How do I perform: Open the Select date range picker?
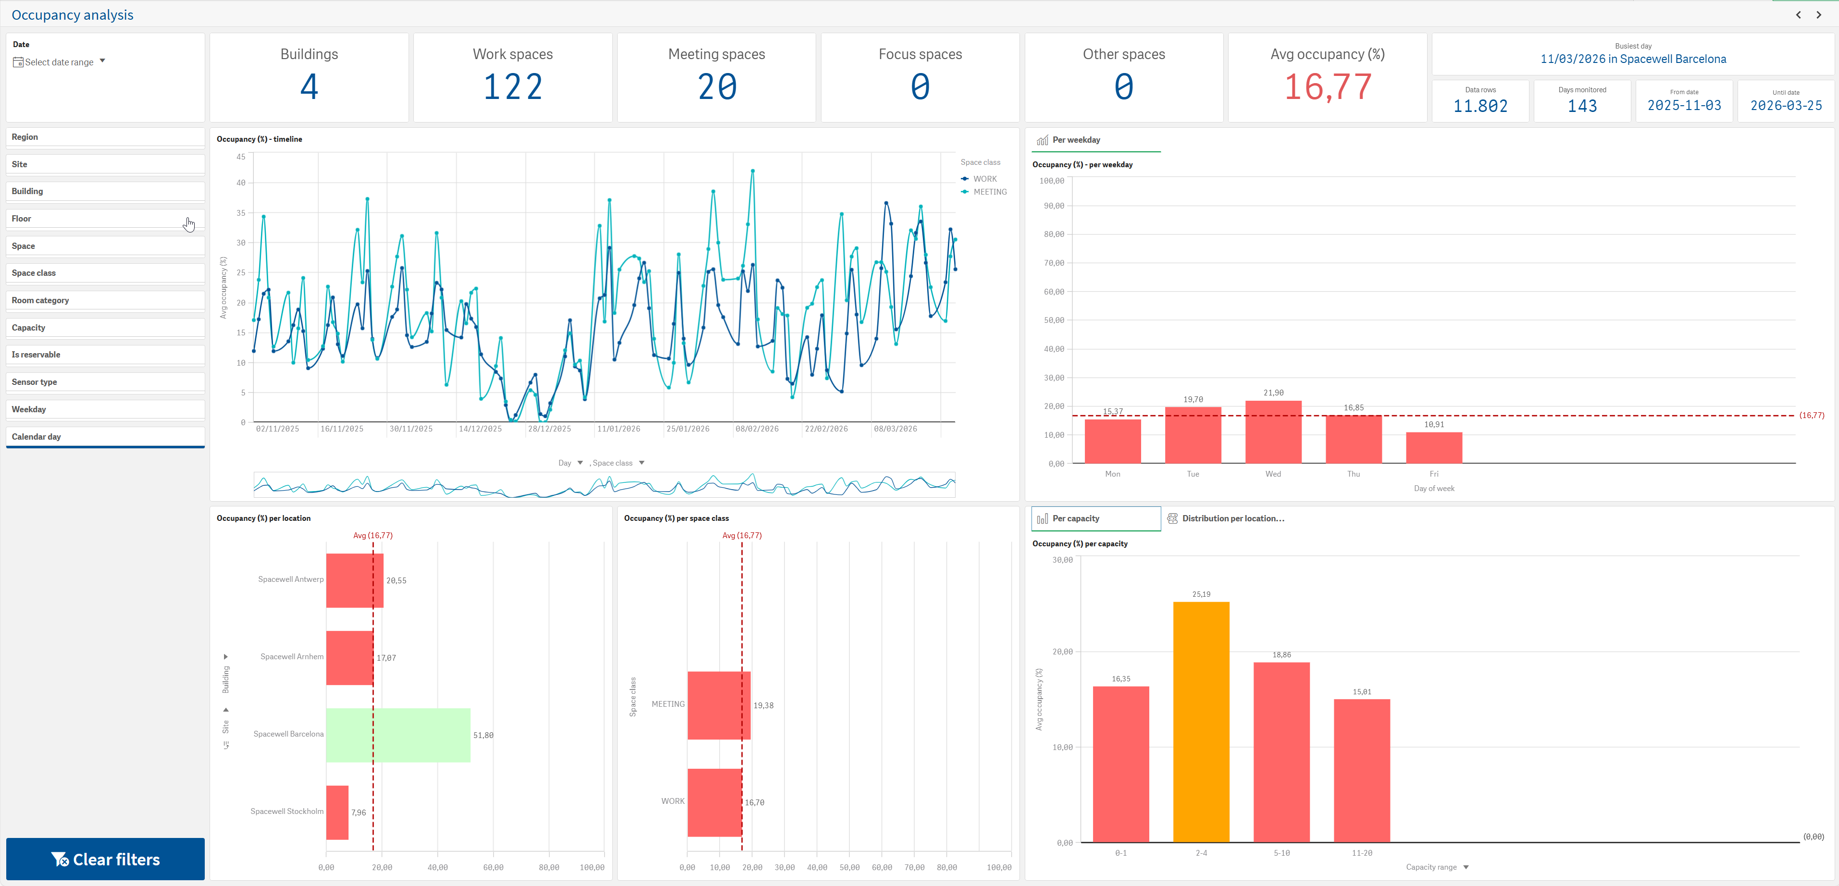tap(59, 62)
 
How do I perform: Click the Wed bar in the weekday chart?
tap(1273, 431)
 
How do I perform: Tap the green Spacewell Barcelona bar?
tap(398, 735)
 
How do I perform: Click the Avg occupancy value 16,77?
tap(1327, 87)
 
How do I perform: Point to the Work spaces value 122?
tap(512, 87)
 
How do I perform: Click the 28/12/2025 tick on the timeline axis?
tap(549, 429)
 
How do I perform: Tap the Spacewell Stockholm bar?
tap(337, 812)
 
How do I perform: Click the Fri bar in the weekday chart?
tap(1433, 447)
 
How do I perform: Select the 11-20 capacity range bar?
tap(1361, 770)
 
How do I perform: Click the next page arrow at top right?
tap(1818, 15)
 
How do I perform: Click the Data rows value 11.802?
tap(1480, 106)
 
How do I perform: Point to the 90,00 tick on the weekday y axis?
tap(1054, 206)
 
